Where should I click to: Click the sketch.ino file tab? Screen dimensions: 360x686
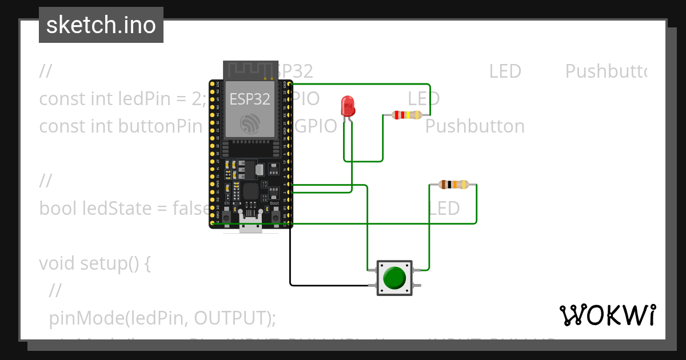click(101, 25)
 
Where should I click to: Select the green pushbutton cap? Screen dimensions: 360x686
click(394, 278)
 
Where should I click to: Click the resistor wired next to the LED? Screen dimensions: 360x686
click(406, 115)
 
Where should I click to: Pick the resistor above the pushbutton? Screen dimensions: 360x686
click(453, 185)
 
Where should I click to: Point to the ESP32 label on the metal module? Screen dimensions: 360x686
click(250, 99)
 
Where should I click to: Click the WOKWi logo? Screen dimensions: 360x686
click(607, 315)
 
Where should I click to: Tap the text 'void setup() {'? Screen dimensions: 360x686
click(94, 263)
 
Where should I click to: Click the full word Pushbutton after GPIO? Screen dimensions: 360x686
click(474, 126)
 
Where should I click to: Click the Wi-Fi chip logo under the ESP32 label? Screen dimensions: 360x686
click(250, 123)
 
